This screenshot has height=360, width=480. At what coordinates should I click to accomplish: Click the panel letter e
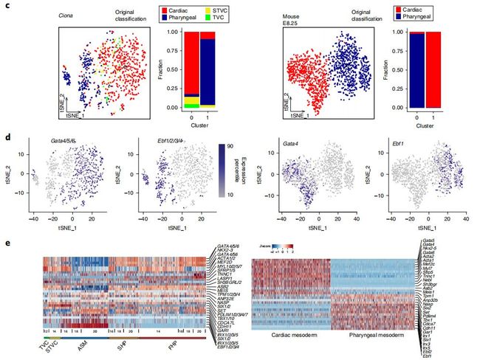pyautogui.click(x=8, y=240)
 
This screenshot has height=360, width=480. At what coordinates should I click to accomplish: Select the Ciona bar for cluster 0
pyautogui.click(x=191, y=69)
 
